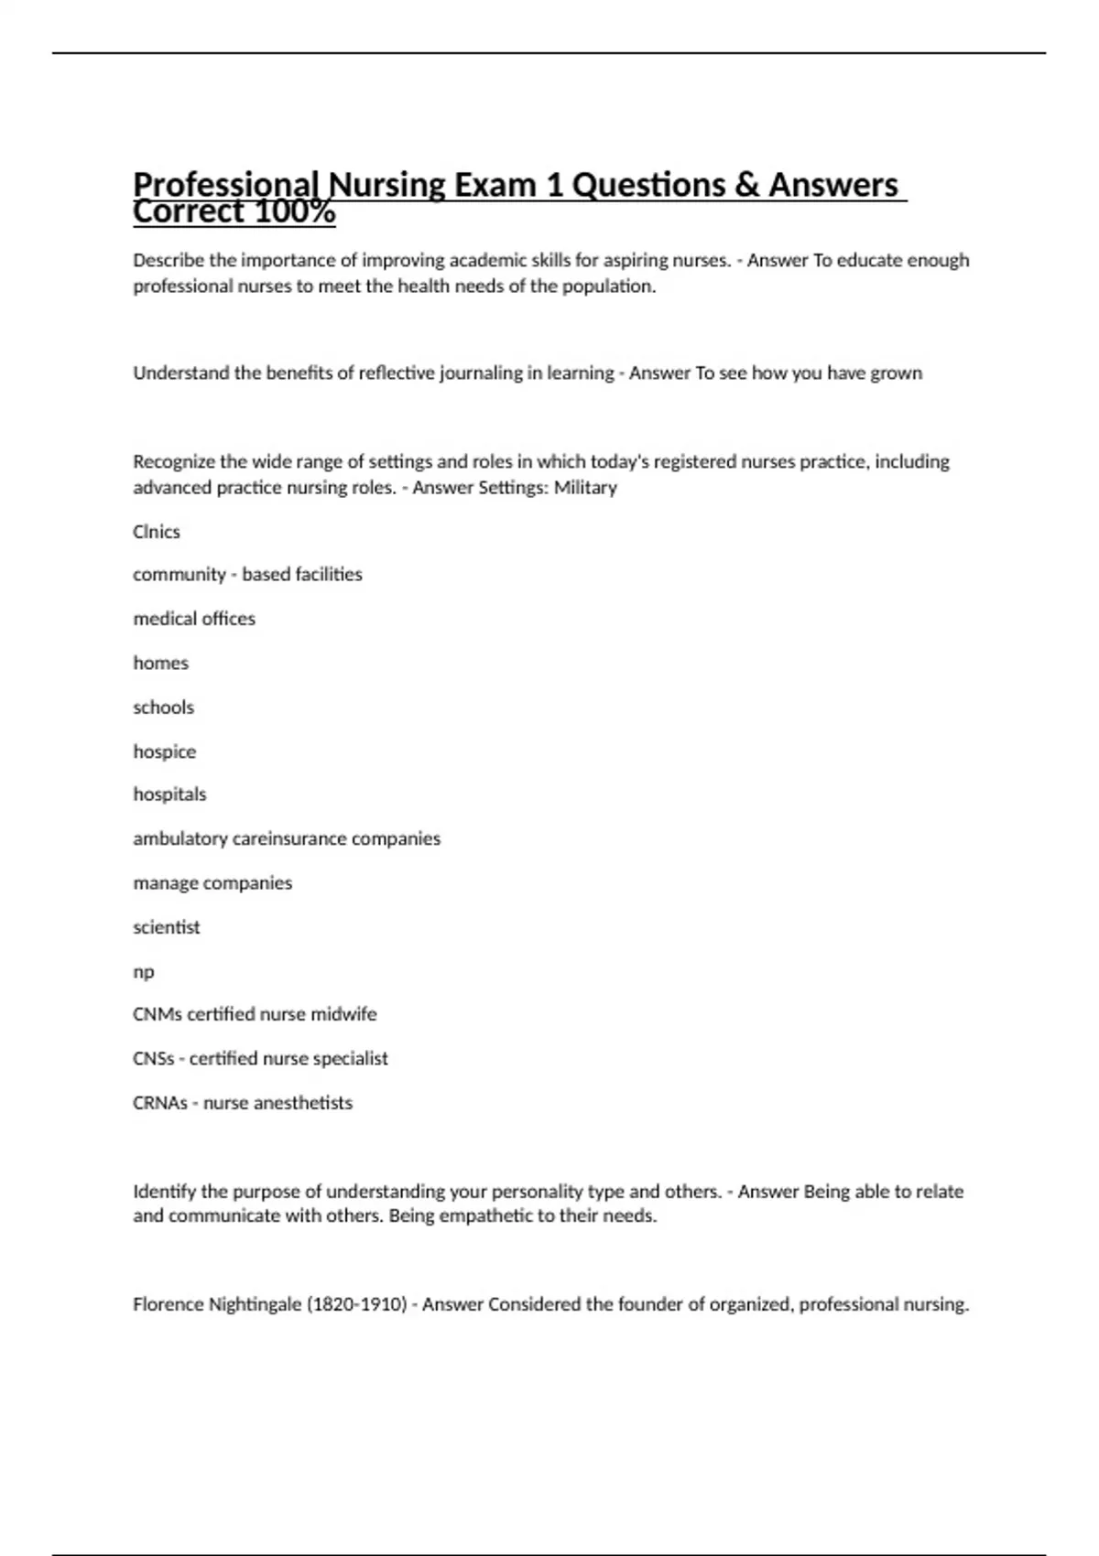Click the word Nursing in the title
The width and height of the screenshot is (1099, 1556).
(x=386, y=185)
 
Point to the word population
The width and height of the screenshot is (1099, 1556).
(x=609, y=286)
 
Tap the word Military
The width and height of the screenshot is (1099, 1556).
(x=585, y=487)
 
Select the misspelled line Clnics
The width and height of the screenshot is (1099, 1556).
(x=157, y=532)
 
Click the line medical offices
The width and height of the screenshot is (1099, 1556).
(x=194, y=619)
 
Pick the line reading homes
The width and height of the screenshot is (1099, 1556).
(x=160, y=663)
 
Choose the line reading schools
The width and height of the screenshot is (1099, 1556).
(x=163, y=708)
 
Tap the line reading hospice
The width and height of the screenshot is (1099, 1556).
(x=164, y=751)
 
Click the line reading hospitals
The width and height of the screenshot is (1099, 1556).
(x=169, y=794)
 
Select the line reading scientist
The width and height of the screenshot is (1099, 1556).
(x=166, y=927)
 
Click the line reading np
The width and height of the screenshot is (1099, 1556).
(x=143, y=971)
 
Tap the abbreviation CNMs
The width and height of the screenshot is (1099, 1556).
(x=158, y=1014)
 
